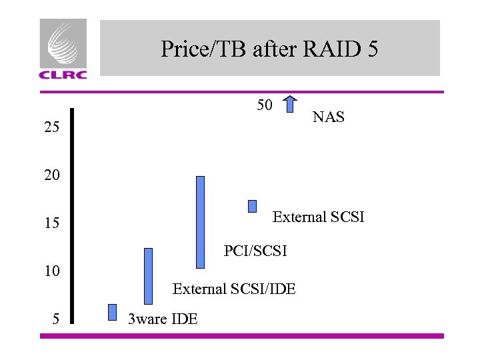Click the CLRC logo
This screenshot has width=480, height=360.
tap(63, 49)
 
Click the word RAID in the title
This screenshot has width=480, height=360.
tap(323, 49)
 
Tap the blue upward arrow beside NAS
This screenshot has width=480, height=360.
tap(290, 105)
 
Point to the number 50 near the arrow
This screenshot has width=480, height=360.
tap(265, 105)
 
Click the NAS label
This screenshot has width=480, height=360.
tap(329, 118)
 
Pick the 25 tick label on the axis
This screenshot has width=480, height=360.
tap(52, 127)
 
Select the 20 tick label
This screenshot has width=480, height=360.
tap(52, 176)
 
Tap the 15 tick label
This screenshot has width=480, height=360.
tap(52, 223)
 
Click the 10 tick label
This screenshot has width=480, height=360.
tap(52, 271)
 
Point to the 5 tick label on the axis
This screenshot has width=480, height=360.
tap(56, 319)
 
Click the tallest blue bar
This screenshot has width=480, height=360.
tap(200, 221)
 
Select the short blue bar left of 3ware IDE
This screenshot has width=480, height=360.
tap(112, 312)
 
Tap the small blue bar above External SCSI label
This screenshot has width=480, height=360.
tap(252, 206)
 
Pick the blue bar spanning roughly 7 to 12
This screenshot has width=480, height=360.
tap(148, 275)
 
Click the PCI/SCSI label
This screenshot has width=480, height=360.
tap(255, 251)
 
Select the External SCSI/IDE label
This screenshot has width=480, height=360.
tap(234, 289)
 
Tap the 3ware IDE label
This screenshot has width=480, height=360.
tap(163, 319)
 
